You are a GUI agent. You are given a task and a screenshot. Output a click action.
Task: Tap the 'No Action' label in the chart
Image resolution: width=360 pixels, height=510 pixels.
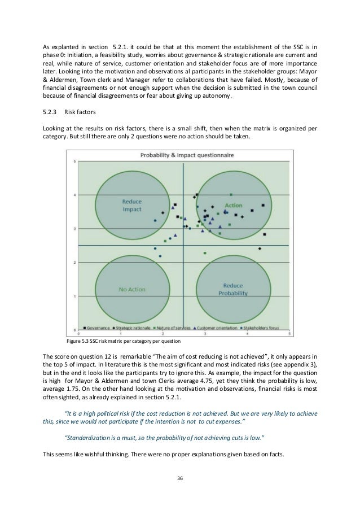pyautogui.click(x=132, y=290)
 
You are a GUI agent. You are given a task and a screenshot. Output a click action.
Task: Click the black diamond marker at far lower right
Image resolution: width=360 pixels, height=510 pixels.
pyautogui.click(x=260, y=249)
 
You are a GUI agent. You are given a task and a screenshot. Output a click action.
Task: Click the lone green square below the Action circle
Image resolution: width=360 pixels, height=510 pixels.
pyautogui.click(x=205, y=253)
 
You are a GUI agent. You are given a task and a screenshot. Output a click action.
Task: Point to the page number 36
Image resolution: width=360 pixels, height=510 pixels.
pyautogui.click(x=180, y=477)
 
